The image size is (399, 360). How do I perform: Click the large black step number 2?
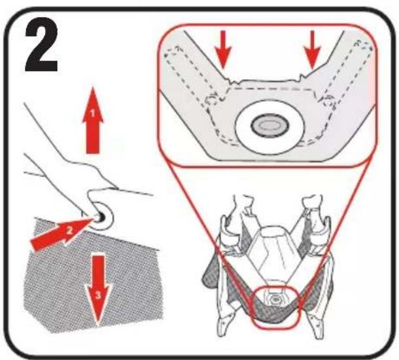coord(41,45)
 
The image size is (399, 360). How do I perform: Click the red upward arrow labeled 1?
coord(93,120)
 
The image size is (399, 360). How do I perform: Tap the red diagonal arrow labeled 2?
coord(61,234)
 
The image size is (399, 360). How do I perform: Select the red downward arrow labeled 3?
coord(98,290)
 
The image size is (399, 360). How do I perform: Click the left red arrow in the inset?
coord(223,50)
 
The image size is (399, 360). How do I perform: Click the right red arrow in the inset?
coord(313,50)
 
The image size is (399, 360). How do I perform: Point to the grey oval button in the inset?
coord(270,125)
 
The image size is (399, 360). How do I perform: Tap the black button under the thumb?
coord(101,216)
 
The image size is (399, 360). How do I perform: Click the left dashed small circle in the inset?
coord(212,100)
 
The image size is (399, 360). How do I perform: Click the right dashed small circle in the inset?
coord(329,100)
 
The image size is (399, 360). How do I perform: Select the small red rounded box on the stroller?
coord(275,306)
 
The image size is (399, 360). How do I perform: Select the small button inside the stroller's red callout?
coord(275,299)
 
